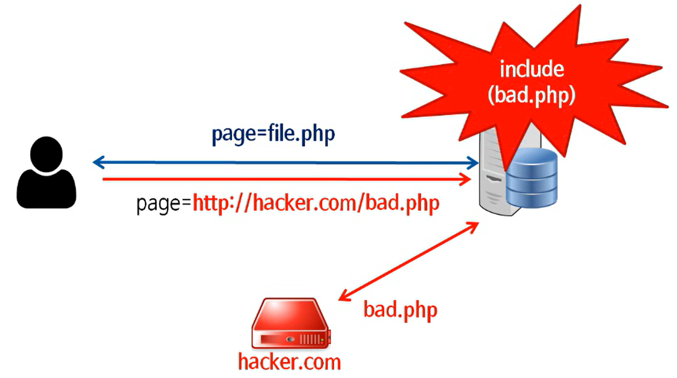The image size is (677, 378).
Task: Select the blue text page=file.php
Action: tap(273, 134)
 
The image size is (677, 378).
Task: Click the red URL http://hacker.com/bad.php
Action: tap(316, 204)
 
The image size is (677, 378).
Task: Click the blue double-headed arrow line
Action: tap(285, 164)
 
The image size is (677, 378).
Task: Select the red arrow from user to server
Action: tap(285, 179)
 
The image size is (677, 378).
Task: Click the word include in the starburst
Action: tap(531, 70)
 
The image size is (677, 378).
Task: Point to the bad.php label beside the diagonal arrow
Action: tap(400, 310)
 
